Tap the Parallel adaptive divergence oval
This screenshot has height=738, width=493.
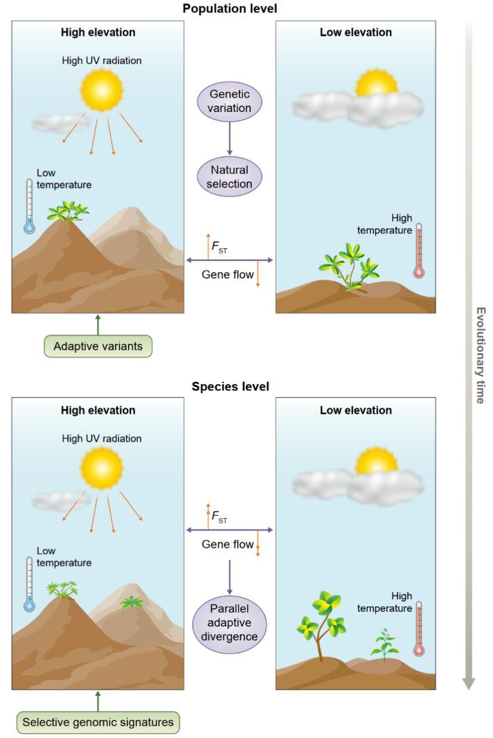(x=229, y=622)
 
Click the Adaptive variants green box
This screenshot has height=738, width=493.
(x=98, y=347)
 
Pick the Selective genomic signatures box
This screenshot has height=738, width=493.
(x=98, y=723)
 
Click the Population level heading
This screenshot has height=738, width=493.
(x=230, y=8)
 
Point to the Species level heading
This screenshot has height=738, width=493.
(x=230, y=387)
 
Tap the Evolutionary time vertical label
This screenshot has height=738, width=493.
(x=480, y=356)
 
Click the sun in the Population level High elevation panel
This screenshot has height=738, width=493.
(x=102, y=88)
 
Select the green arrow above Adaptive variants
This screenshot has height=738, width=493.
(x=98, y=324)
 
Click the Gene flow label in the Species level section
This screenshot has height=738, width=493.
(x=227, y=544)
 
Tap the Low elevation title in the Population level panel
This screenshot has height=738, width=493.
(x=355, y=33)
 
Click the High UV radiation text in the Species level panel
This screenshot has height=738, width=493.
(x=102, y=438)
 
